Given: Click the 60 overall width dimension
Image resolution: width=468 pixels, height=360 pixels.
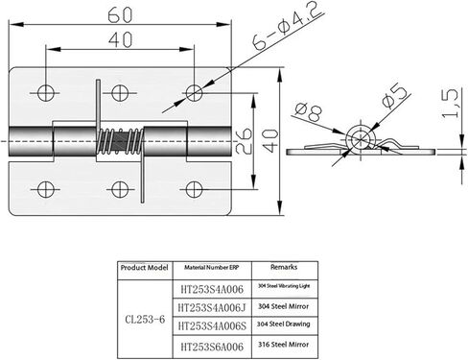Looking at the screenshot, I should point(118,15).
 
